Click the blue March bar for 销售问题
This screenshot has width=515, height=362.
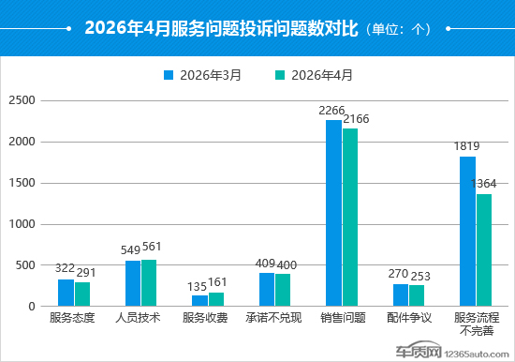pos(333,213)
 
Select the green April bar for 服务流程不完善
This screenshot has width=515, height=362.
pos(484,250)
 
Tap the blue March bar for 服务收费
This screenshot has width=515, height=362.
pos(199,301)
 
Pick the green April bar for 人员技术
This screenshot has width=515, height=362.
pos(149,283)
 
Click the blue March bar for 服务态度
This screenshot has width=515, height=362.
pos(66,293)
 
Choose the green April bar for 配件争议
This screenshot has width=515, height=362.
pos(417,295)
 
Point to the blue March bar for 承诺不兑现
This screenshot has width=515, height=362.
pos(267,290)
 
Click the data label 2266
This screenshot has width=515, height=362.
pos(331,111)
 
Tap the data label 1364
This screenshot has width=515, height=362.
pos(483,184)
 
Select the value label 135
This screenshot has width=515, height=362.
pos(197,287)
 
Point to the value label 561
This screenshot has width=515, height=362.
pos(152,247)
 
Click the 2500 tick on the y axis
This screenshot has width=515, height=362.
pos(22,100)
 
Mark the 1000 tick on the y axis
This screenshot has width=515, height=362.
pos(22,224)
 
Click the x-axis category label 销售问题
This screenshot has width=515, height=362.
pos(343,318)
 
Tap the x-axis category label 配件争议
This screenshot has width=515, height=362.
pos(409,318)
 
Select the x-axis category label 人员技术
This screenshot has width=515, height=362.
pos(138,318)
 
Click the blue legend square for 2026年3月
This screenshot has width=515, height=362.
pos(169,75)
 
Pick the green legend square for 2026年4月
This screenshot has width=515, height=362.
pos(280,75)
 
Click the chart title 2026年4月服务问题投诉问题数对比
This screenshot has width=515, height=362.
pos(221,28)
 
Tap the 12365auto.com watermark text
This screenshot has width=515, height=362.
pos(477,354)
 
